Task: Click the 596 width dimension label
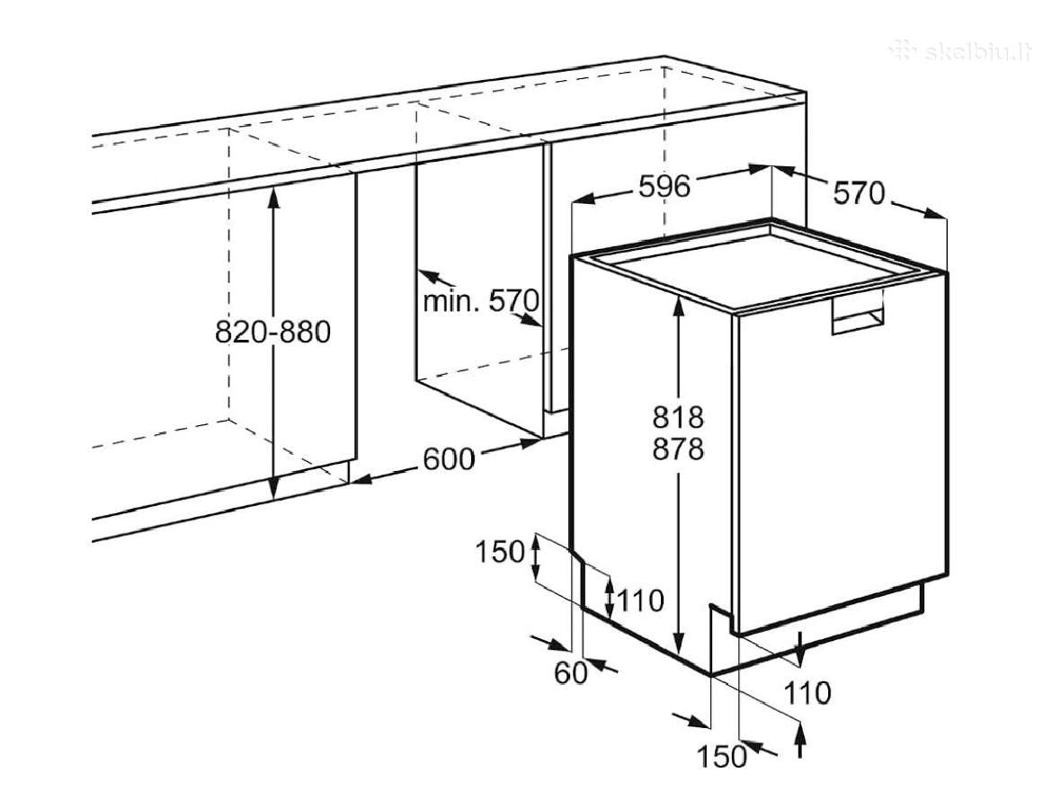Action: click(x=664, y=187)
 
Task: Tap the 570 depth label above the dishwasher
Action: click(x=859, y=194)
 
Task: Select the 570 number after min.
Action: click(x=513, y=299)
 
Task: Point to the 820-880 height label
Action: click(x=272, y=332)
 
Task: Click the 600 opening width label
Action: click(x=450, y=460)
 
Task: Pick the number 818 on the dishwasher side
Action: click(x=678, y=417)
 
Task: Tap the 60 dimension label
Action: click(x=570, y=673)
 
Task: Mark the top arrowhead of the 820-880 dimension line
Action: click(x=272, y=195)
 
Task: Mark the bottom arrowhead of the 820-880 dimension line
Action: click(x=272, y=489)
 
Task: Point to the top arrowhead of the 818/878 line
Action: click(x=678, y=305)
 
